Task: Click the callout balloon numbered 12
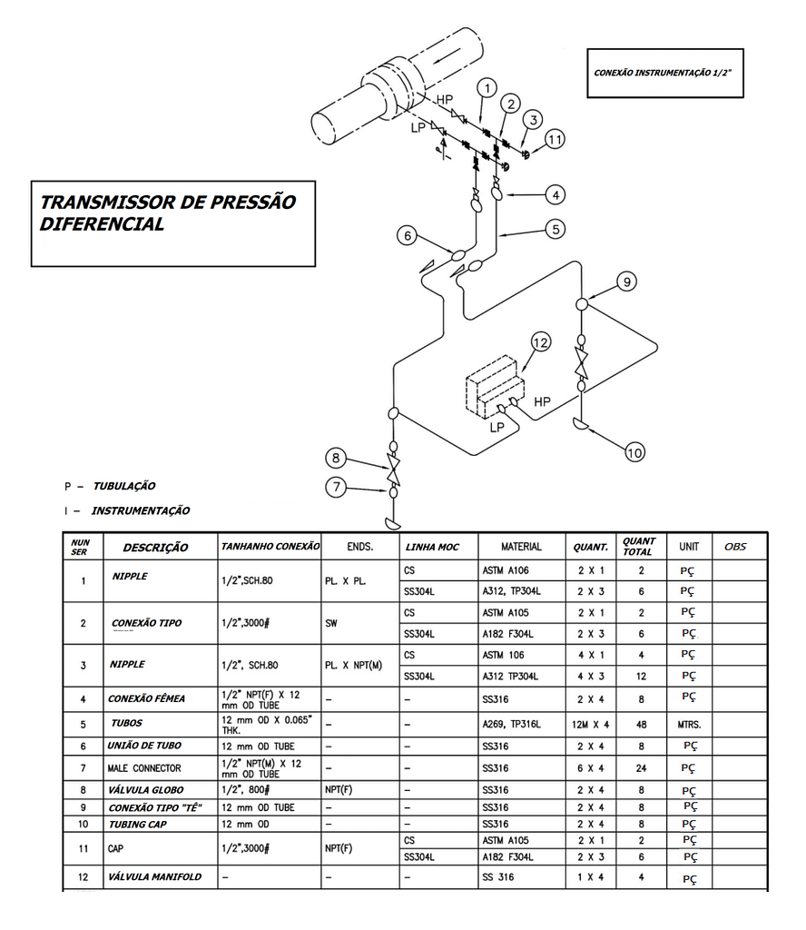point(541,342)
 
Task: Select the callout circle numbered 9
point(624,282)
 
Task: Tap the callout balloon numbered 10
point(635,451)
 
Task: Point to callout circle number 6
point(408,235)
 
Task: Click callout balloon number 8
point(337,458)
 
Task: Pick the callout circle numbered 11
point(555,139)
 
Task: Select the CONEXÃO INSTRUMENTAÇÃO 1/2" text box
point(664,73)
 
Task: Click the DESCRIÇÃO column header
point(155,548)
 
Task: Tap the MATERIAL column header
point(521,547)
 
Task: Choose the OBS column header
point(735,547)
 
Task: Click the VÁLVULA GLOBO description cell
point(146,790)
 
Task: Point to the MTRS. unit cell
point(688,725)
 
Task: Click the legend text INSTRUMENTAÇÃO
point(140,511)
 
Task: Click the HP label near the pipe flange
point(445,99)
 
